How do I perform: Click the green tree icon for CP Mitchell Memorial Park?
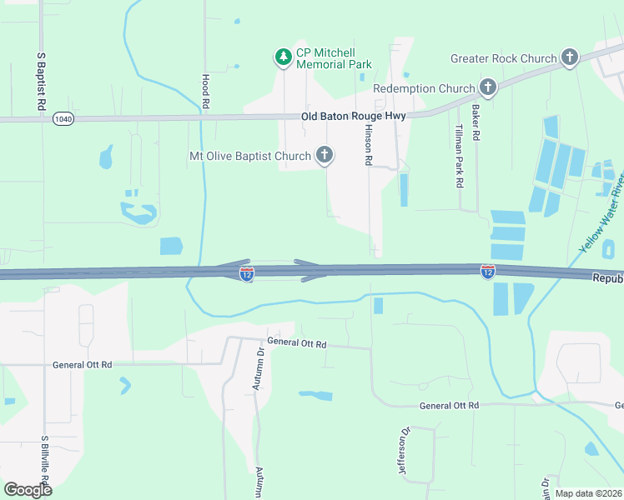[284, 57]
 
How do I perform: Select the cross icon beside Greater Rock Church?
[570, 57]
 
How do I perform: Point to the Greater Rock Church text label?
[503, 58]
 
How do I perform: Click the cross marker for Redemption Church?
[488, 87]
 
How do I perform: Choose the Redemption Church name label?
[424, 88]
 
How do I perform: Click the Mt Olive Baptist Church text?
[250, 156]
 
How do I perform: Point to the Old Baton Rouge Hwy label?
[354, 116]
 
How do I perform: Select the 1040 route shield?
[63, 119]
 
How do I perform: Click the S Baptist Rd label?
[40, 82]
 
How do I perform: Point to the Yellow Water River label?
[602, 213]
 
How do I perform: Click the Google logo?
[27, 489]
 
